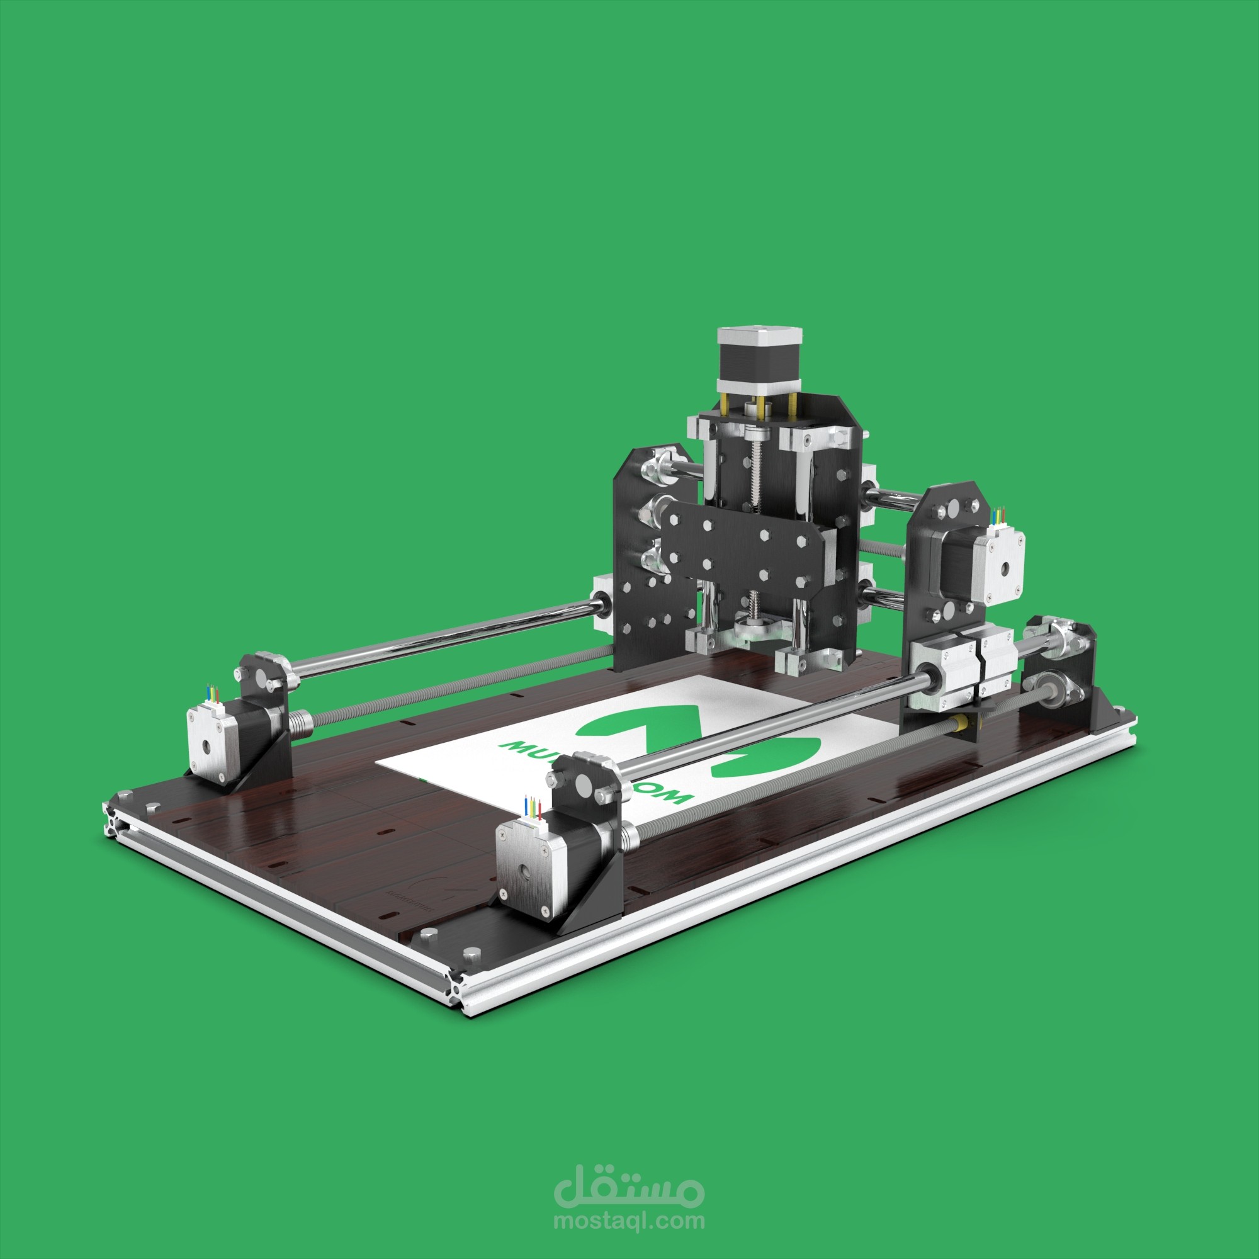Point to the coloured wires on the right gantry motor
pyautogui.click(x=997, y=516)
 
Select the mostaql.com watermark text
pyautogui.click(x=629, y=1221)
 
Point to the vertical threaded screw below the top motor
pyautogui.click(x=755, y=476)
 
